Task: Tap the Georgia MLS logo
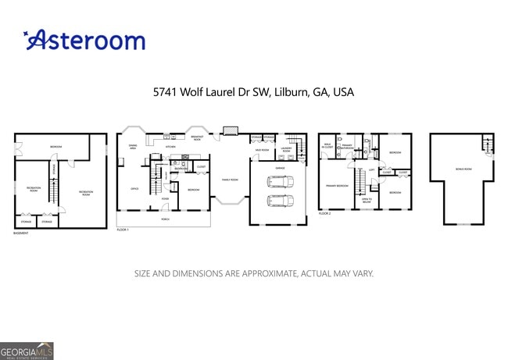pyautogui.click(x=27, y=351)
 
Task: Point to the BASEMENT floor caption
pyautogui.click(x=21, y=233)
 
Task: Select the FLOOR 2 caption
pyautogui.click(x=324, y=213)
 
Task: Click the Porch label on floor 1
pyautogui.click(x=165, y=219)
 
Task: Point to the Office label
pyautogui.click(x=134, y=188)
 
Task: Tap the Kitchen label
pyautogui.click(x=170, y=146)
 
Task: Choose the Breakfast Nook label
pyautogui.click(x=197, y=138)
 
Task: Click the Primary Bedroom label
pyautogui.click(x=337, y=186)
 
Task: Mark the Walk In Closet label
pyautogui.click(x=328, y=145)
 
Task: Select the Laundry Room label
pyautogui.click(x=286, y=150)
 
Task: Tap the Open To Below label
pyautogui.click(x=365, y=201)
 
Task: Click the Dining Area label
pyautogui.click(x=134, y=146)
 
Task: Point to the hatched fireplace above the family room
pyautogui.click(x=230, y=130)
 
